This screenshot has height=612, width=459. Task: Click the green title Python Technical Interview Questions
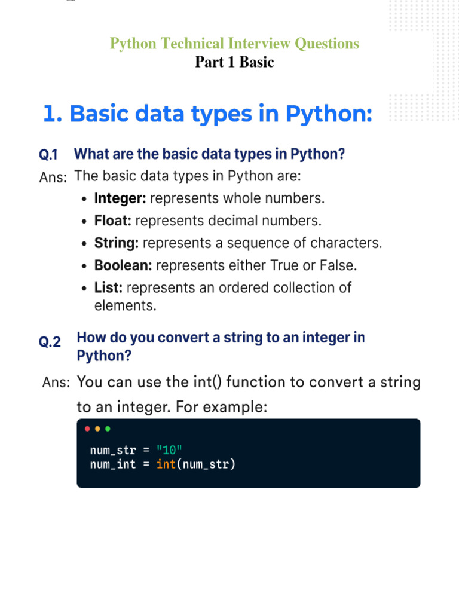pos(234,44)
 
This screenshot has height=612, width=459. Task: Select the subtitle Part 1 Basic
pos(234,62)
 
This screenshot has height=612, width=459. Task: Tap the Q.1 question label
pos(48,155)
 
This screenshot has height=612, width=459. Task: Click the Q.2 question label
pos(50,342)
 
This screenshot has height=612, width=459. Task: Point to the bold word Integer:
pos(120,198)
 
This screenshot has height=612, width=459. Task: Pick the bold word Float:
pos(113,221)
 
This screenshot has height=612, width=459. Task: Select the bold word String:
pos(117,243)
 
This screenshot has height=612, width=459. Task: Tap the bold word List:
pos(108,287)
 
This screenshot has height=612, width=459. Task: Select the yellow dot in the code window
pos(97,429)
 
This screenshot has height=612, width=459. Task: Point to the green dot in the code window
pos(108,429)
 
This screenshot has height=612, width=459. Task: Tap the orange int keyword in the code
pos(165,463)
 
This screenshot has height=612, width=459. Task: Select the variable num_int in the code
pos(113,463)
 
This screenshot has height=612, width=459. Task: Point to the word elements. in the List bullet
pos(125,306)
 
